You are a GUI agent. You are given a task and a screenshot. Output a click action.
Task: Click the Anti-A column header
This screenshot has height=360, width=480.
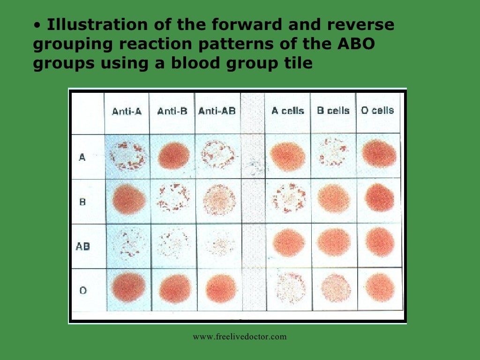[x=127, y=112]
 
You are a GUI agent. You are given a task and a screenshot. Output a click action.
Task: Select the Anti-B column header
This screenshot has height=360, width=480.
[x=172, y=112]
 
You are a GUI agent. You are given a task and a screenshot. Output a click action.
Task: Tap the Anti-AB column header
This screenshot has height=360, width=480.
[x=217, y=111]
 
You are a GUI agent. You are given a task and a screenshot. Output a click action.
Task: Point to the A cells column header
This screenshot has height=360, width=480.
[x=288, y=111]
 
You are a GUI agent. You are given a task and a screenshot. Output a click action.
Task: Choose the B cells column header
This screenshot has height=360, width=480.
[x=333, y=111]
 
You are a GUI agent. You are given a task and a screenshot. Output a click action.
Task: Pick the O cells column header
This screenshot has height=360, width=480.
[x=378, y=111]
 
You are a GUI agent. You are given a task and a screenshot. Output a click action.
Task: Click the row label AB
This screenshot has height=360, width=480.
[x=83, y=246]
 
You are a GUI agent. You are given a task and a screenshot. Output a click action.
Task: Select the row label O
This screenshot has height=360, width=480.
[x=83, y=291]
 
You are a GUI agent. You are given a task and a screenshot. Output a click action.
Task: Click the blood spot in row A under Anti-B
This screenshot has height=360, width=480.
[x=173, y=156]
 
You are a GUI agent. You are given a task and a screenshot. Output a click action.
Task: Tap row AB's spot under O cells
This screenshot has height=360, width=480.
[x=379, y=242]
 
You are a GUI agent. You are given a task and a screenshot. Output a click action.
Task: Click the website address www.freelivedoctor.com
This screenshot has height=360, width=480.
[x=240, y=337]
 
